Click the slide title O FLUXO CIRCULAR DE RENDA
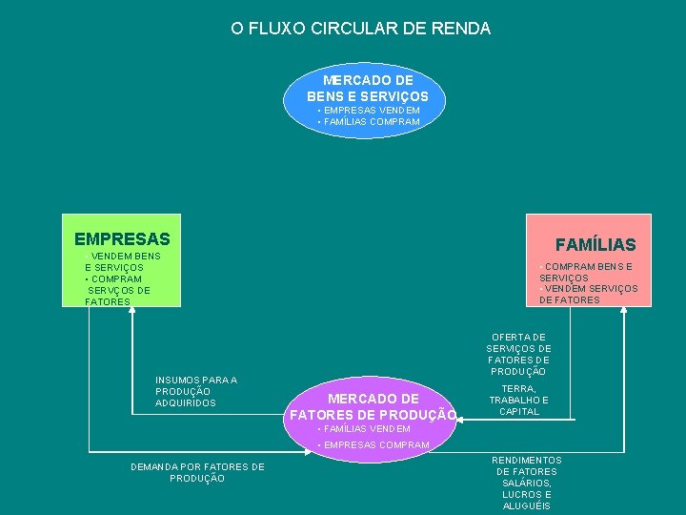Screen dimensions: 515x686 click(360, 29)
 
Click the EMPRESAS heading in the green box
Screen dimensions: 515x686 click(122, 238)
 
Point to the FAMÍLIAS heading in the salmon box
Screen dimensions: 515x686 click(595, 245)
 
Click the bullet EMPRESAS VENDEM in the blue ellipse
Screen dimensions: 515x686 click(369, 111)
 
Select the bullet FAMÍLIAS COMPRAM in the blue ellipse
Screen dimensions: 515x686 click(369, 122)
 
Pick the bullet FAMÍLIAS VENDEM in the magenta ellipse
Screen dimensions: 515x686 click(363, 429)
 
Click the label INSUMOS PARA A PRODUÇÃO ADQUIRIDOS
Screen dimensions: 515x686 click(195, 392)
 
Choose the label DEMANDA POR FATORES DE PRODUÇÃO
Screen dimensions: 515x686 click(197, 472)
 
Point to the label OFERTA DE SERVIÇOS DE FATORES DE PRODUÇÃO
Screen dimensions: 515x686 click(518, 354)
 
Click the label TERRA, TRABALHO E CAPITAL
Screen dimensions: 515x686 click(519, 401)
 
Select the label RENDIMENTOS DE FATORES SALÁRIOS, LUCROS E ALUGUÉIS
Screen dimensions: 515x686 click(526, 483)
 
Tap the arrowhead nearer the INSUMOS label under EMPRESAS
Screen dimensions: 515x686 click(131, 314)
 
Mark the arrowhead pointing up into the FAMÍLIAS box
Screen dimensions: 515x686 click(623, 314)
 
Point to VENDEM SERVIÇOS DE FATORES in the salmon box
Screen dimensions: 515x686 click(589, 294)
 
